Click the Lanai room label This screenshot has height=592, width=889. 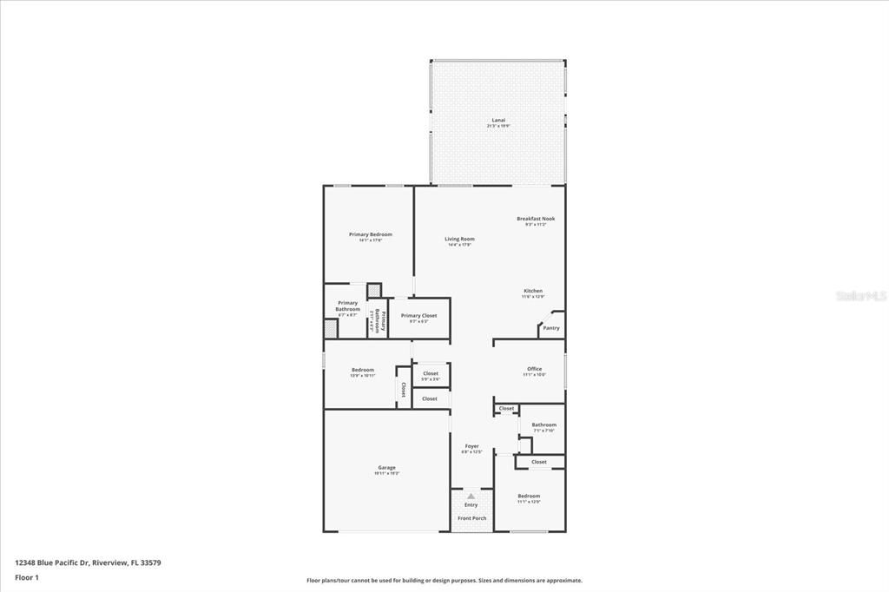(498, 121)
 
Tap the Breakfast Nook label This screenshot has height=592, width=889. (535, 219)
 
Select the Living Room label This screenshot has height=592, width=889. (459, 240)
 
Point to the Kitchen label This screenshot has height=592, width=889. (533, 291)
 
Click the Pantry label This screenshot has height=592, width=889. (551, 328)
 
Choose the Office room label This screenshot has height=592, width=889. (534, 369)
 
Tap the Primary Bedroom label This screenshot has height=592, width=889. (371, 234)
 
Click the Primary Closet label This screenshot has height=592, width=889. (418, 316)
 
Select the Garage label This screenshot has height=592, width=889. (386, 468)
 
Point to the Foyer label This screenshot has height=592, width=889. (471, 446)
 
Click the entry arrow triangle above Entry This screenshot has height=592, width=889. (471, 497)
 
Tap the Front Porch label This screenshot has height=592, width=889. (471, 518)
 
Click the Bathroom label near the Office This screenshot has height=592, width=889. (544, 424)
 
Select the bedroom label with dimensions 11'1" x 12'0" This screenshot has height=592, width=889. (529, 497)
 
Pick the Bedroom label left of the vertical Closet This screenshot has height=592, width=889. (362, 370)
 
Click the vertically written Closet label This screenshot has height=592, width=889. (404, 390)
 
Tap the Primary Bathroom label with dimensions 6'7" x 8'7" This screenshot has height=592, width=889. (347, 306)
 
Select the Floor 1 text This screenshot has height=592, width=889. (27, 577)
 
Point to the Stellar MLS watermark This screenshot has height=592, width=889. (860, 296)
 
